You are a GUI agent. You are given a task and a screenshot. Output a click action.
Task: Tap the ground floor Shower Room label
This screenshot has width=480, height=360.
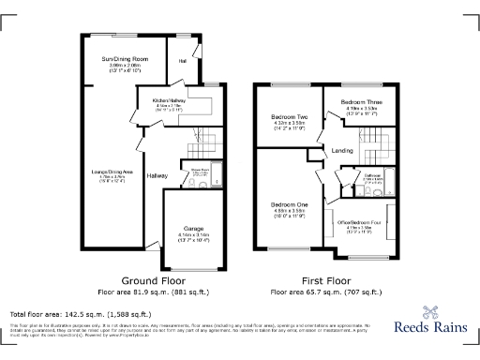[x=199, y=170]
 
